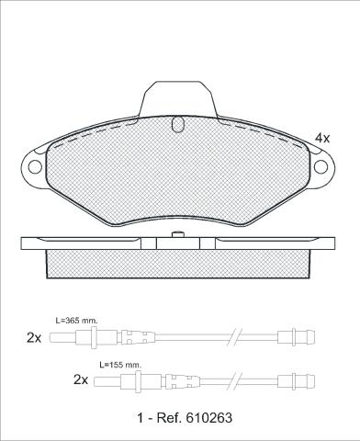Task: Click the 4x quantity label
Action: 322,139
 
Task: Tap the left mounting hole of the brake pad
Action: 35,167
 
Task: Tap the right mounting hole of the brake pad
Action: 321,167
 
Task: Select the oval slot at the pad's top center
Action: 177,124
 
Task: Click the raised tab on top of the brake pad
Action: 178,99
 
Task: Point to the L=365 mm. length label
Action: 76,321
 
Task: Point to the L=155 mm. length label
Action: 120,365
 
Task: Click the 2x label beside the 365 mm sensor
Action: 34,338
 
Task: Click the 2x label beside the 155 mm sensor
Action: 81,380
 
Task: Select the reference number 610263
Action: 208,418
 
